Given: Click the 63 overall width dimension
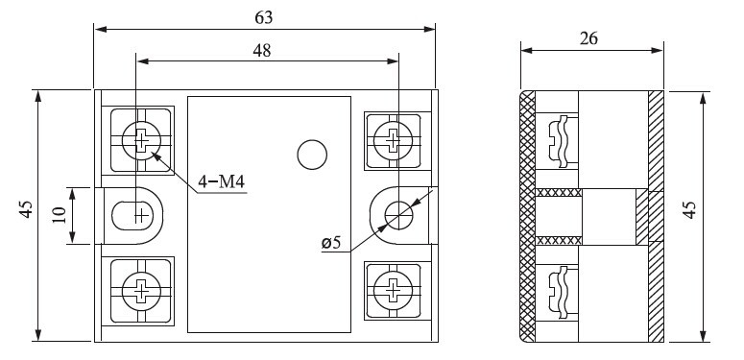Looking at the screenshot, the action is (x=264, y=17).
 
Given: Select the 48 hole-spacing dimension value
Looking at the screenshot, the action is (x=261, y=50).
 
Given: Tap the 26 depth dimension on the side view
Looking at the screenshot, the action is (x=588, y=38).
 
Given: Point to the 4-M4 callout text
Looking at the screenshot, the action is (x=221, y=181).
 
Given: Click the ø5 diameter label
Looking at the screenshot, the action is (x=331, y=243).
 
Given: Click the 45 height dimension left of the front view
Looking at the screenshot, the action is (x=26, y=209).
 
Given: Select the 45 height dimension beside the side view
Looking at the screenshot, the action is (x=690, y=209).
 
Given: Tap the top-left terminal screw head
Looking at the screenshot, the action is (x=141, y=140).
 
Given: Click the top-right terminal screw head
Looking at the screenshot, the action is (x=393, y=140).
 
